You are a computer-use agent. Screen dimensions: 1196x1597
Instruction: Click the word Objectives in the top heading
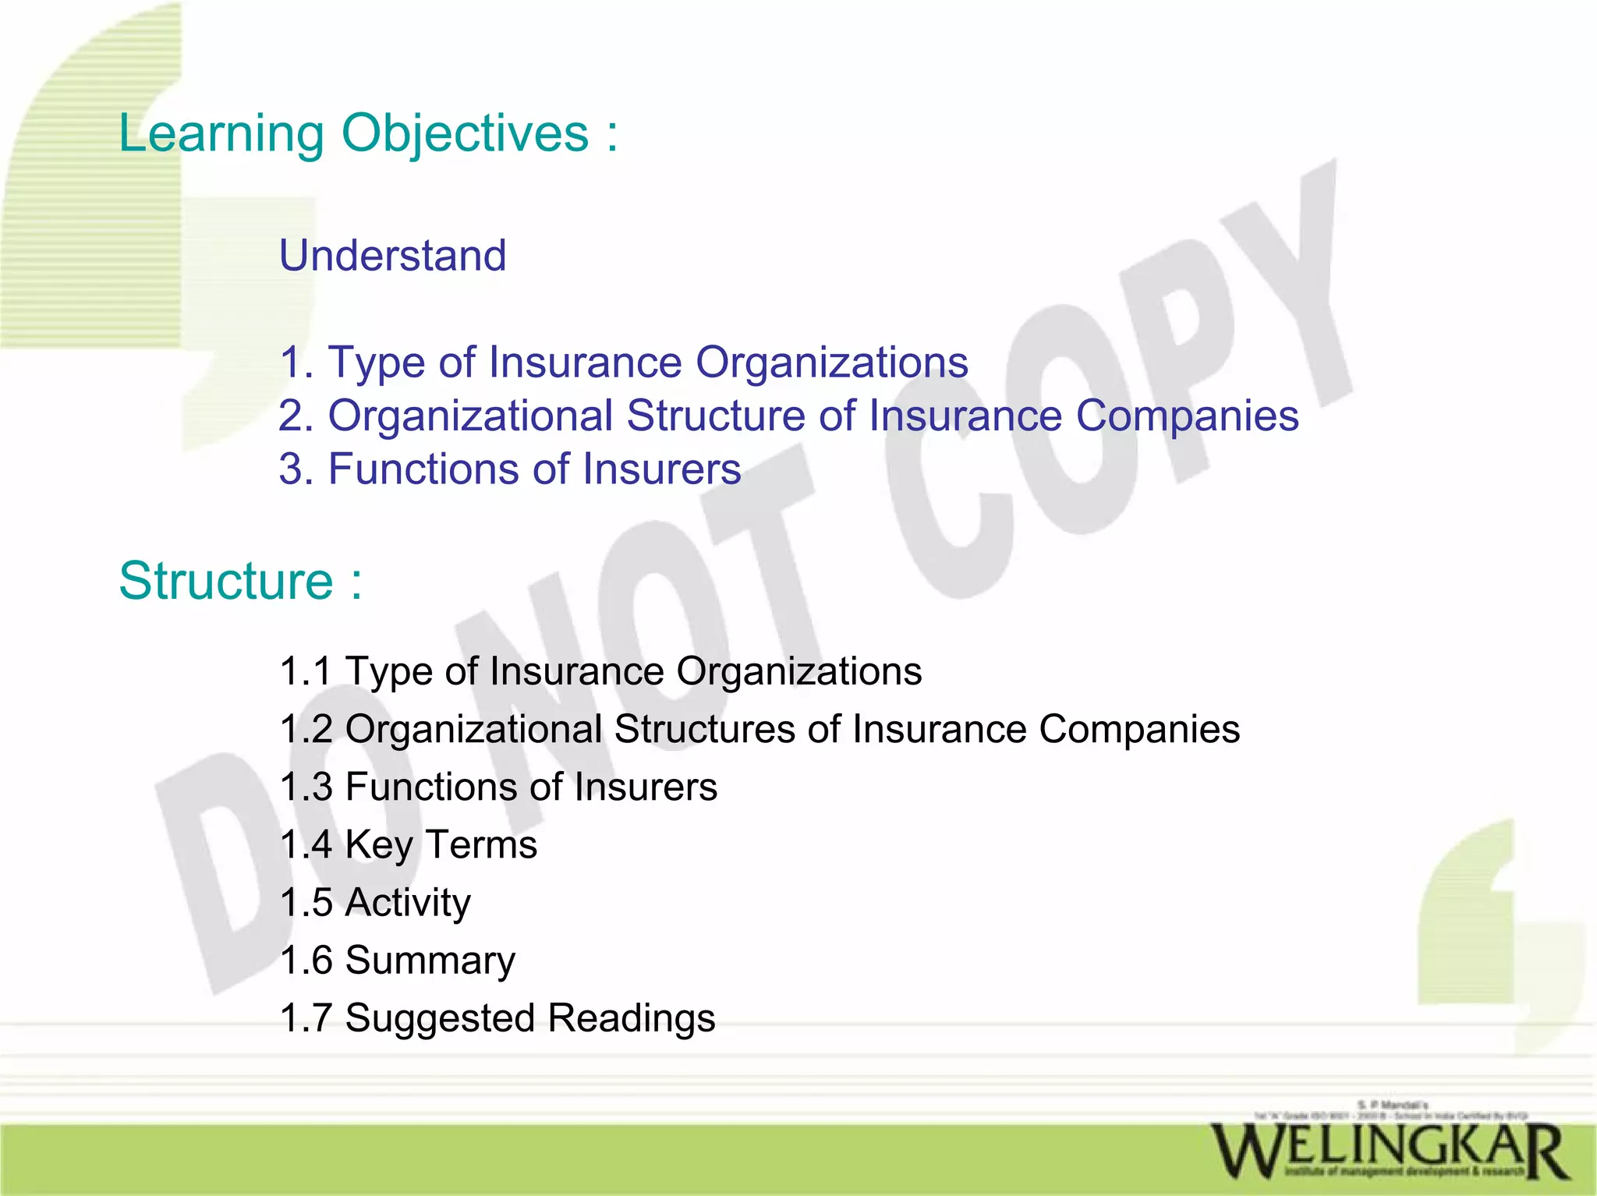pyautogui.click(x=465, y=134)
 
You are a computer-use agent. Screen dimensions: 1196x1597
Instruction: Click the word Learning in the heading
pyautogui.click(x=221, y=134)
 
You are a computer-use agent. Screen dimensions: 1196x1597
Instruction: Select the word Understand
pyautogui.click(x=393, y=256)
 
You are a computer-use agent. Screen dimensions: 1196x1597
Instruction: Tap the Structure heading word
pyautogui.click(x=226, y=581)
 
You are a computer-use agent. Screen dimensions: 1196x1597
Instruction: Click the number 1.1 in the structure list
pyautogui.click(x=306, y=671)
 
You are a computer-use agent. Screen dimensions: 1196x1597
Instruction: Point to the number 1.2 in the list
pyautogui.click(x=306, y=729)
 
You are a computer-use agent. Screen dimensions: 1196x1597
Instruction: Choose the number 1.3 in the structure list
pyautogui.click(x=306, y=787)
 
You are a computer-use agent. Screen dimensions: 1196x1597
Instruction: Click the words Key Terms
pyautogui.click(x=441, y=844)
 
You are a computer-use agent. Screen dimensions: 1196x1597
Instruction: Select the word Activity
pyautogui.click(x=408, y=903)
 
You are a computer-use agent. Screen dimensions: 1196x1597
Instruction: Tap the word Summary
pyautogui.click(x=430, y=961)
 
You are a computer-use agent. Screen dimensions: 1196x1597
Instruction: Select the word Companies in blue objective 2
pyautogui.click(x=1187, y=416)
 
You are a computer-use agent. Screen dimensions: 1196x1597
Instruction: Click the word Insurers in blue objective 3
pyautogui.click(x=662, y=469)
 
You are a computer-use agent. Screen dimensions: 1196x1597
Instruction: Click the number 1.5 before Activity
pyautogui.click(x=306, y=903)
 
